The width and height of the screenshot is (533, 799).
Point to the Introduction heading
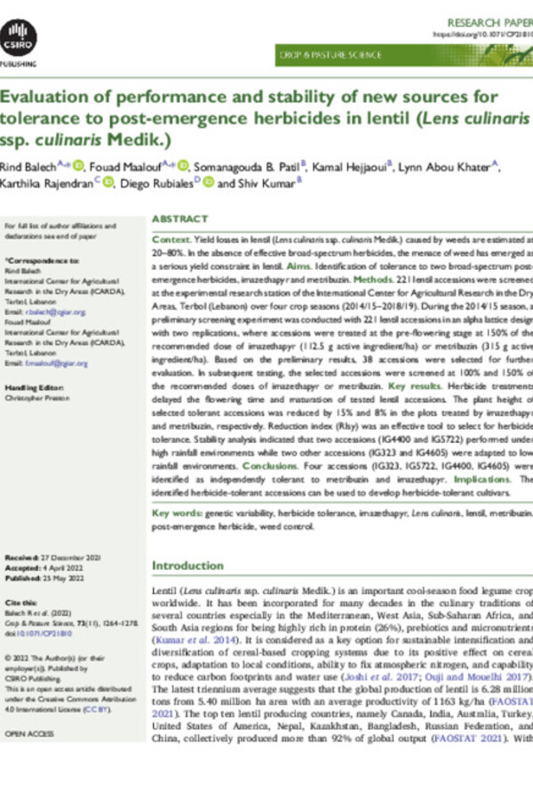point(187,566)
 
